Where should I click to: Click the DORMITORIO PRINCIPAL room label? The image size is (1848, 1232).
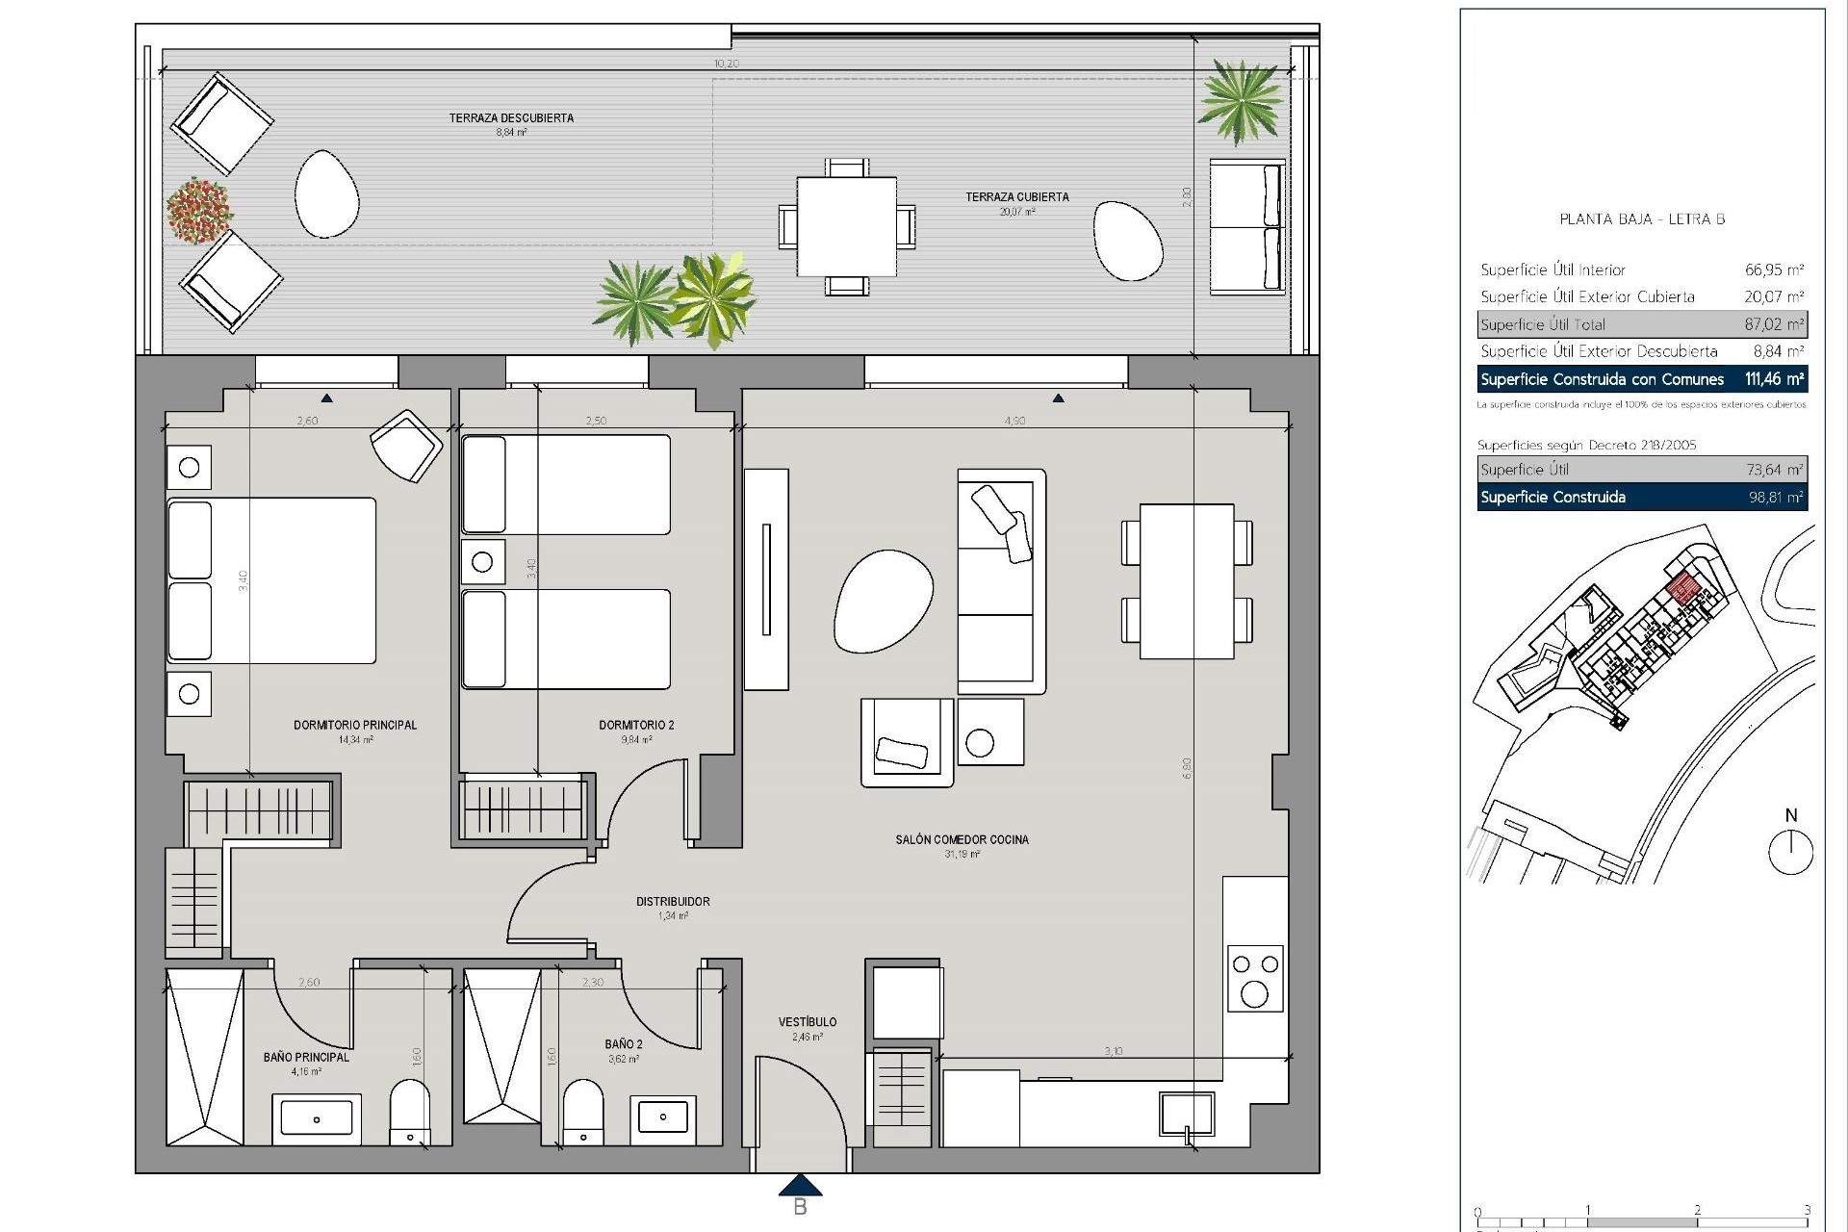(x=355, y=725)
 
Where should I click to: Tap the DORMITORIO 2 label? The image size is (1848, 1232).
(x=636, y=725)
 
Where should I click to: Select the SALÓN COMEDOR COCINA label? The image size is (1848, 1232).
(x=962, y=839)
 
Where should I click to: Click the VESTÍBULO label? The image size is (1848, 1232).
(x=807, y=1022)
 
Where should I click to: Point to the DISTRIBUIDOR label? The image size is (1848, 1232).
(x=673, y=902)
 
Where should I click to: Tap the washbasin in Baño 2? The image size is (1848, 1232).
(x=663, y=1116)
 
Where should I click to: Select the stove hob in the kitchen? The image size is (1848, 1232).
(x=1255, y=978)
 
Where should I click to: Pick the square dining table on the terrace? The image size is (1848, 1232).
(x=846, y=226)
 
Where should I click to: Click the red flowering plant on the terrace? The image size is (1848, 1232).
(x=199, y=210)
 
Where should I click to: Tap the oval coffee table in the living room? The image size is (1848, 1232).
(x=884, y=602)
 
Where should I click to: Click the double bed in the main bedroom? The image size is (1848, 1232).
(x=271, y=580)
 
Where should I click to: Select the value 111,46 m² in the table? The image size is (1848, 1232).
(x=1774, y=379)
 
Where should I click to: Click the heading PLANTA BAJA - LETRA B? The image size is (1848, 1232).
(x=1642, y=219)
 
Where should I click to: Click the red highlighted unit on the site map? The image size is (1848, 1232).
(x=1682, y=588)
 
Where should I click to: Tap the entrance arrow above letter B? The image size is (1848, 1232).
(x=799, y=1185)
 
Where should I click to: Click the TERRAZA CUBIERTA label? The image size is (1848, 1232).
(x=1017, y=197)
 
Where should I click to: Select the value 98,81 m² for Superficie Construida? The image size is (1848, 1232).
(x=1775, y=498)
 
